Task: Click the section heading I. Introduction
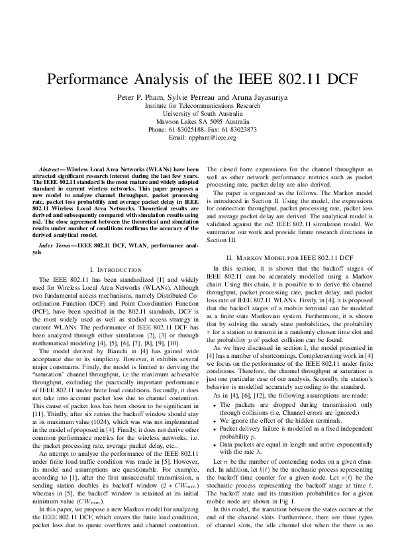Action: point(115,270)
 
